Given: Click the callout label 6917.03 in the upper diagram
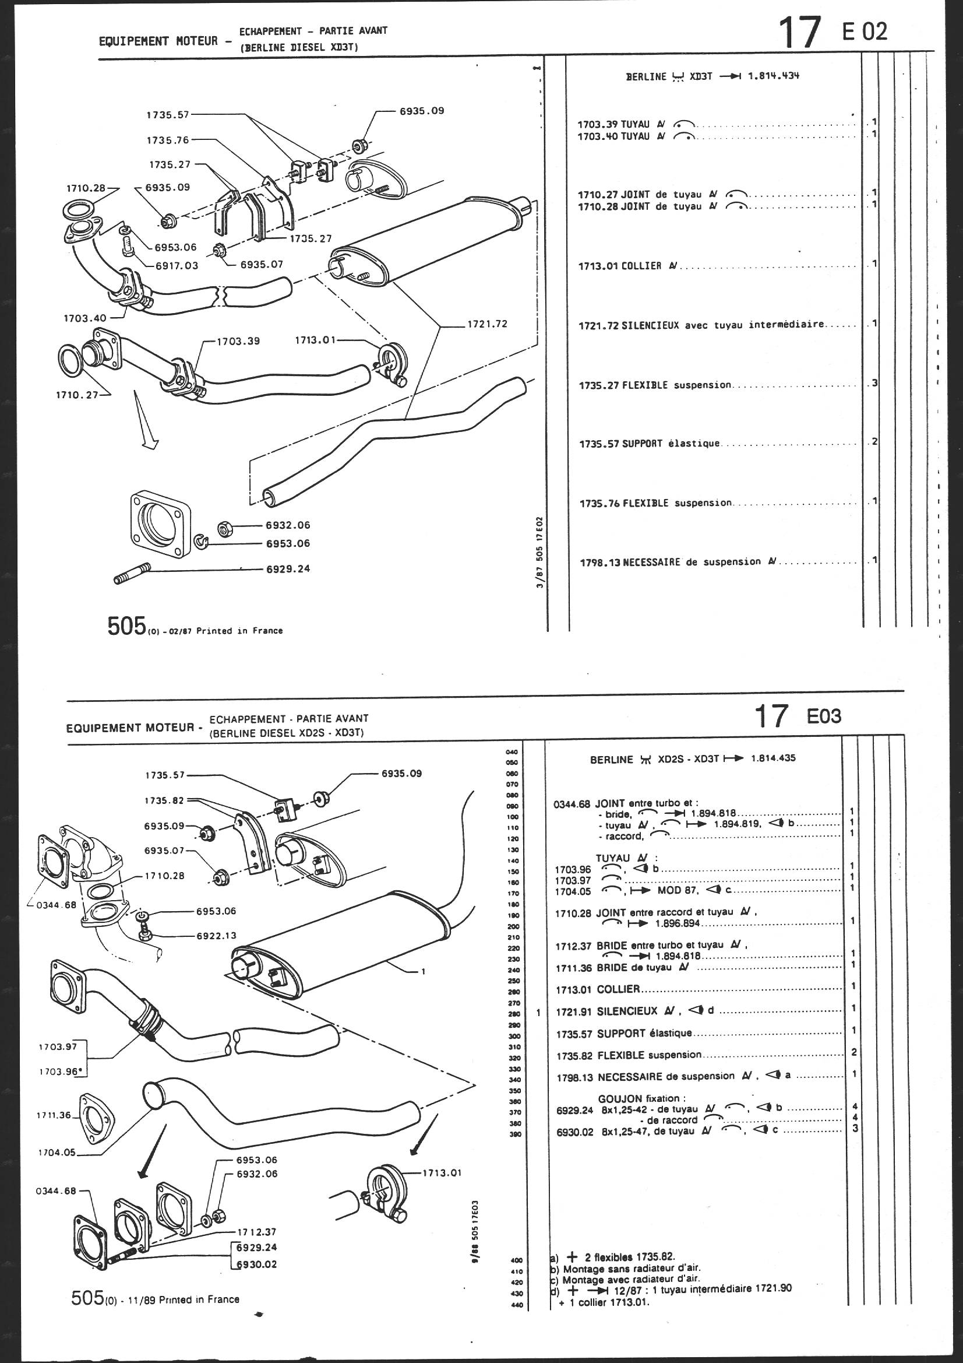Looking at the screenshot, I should (x=177, y=265).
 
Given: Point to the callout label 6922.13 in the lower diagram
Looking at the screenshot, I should (x=216, y=936).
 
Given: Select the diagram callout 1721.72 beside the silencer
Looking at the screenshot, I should (x=487, y=324).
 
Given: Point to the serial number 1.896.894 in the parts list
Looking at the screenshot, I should (x=678, y=923).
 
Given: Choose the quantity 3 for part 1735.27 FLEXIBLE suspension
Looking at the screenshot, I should (x=874, y=384).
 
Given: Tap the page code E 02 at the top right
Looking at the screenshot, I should (x=865, y=31).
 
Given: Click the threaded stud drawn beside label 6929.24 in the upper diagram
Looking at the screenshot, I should (x=129, y=574).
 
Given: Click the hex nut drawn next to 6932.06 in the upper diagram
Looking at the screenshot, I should (x=225, y=525).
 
